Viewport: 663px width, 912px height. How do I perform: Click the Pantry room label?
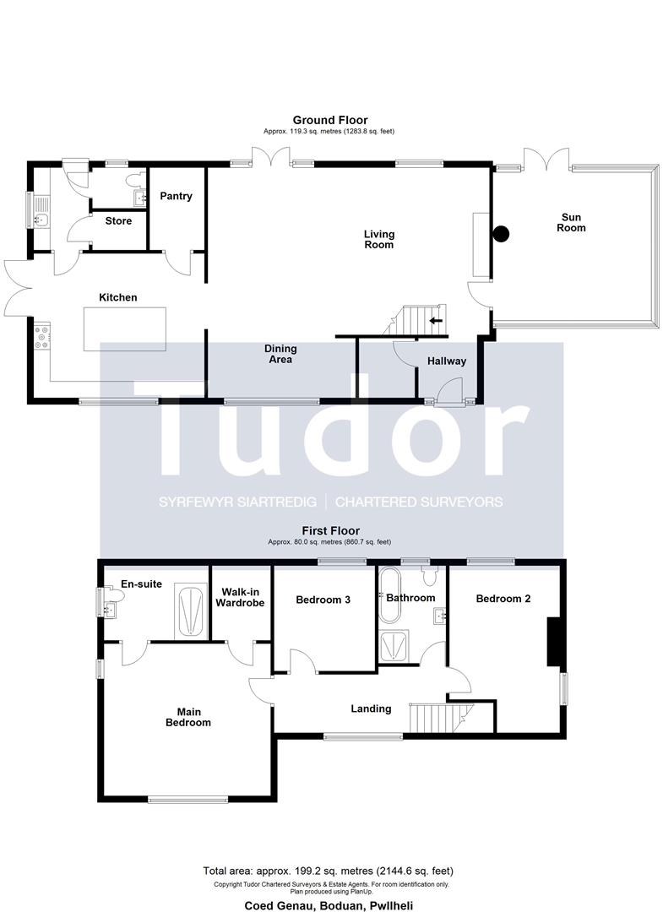click(x=176, y=196)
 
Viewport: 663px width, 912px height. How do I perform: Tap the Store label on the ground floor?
click(x=118, y=221)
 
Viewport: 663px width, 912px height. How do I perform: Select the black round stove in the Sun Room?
click(x=501, y=234)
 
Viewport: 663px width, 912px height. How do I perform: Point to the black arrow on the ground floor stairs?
click(x=435, y=321)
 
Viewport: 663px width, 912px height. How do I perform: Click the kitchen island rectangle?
click(x=124, y=329)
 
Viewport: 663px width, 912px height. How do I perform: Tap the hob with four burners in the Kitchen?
click(x=42, y=337)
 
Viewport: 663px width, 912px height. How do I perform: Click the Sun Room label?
click(x=571, y=223)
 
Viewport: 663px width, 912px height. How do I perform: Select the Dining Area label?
click(x=280, y=354)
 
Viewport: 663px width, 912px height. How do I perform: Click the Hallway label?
click(x=447, y=361)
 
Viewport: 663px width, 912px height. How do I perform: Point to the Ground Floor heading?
click(x=329, y=121)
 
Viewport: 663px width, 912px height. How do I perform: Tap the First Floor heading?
click(x=330, y=530)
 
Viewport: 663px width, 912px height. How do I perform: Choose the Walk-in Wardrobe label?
click(x=240, y=598)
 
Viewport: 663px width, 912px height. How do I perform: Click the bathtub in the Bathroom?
click(x=389, y=595)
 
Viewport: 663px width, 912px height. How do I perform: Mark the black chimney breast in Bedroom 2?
click(x=552, y=641)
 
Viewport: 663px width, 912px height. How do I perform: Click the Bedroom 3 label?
click(x=323, y=600)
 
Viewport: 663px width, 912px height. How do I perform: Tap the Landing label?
click(x=371, y=709)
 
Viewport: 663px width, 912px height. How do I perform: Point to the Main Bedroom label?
click(x=187, y=717)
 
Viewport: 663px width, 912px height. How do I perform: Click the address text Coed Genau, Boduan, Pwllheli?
click(x=329, y=905)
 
